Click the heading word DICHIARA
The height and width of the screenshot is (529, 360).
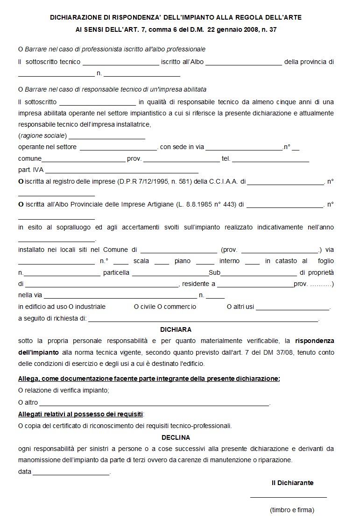pyautogui.click(x=176, y=329)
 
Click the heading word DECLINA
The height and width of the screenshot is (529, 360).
pyautogui.click(x=176, y=438)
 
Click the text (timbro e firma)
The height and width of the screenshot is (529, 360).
pyautogui.click(x=292, y=510)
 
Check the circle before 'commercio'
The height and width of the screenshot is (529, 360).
pyautogui.click(x=160, y=307)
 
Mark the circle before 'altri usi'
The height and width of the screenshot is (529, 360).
pyautogui.click(x=230, y=307)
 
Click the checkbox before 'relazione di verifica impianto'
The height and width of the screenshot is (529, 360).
pyautogui.click(x=21, y=390)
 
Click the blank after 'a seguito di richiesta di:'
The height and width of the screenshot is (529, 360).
pyautogui.click(x=203, y=320)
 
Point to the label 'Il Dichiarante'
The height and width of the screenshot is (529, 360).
pyautogui.click(x=292, y=483)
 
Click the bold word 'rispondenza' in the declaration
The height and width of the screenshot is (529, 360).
pyautogui.click(x=314, y=341)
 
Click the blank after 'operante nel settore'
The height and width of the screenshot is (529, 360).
pyautogui.click(x=119, y=149)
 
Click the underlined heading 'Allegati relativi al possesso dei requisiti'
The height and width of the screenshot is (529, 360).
pyautogui.click(x=81, y=414)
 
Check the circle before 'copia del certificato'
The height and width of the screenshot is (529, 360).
pyautogui.click(x=21, y=426)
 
